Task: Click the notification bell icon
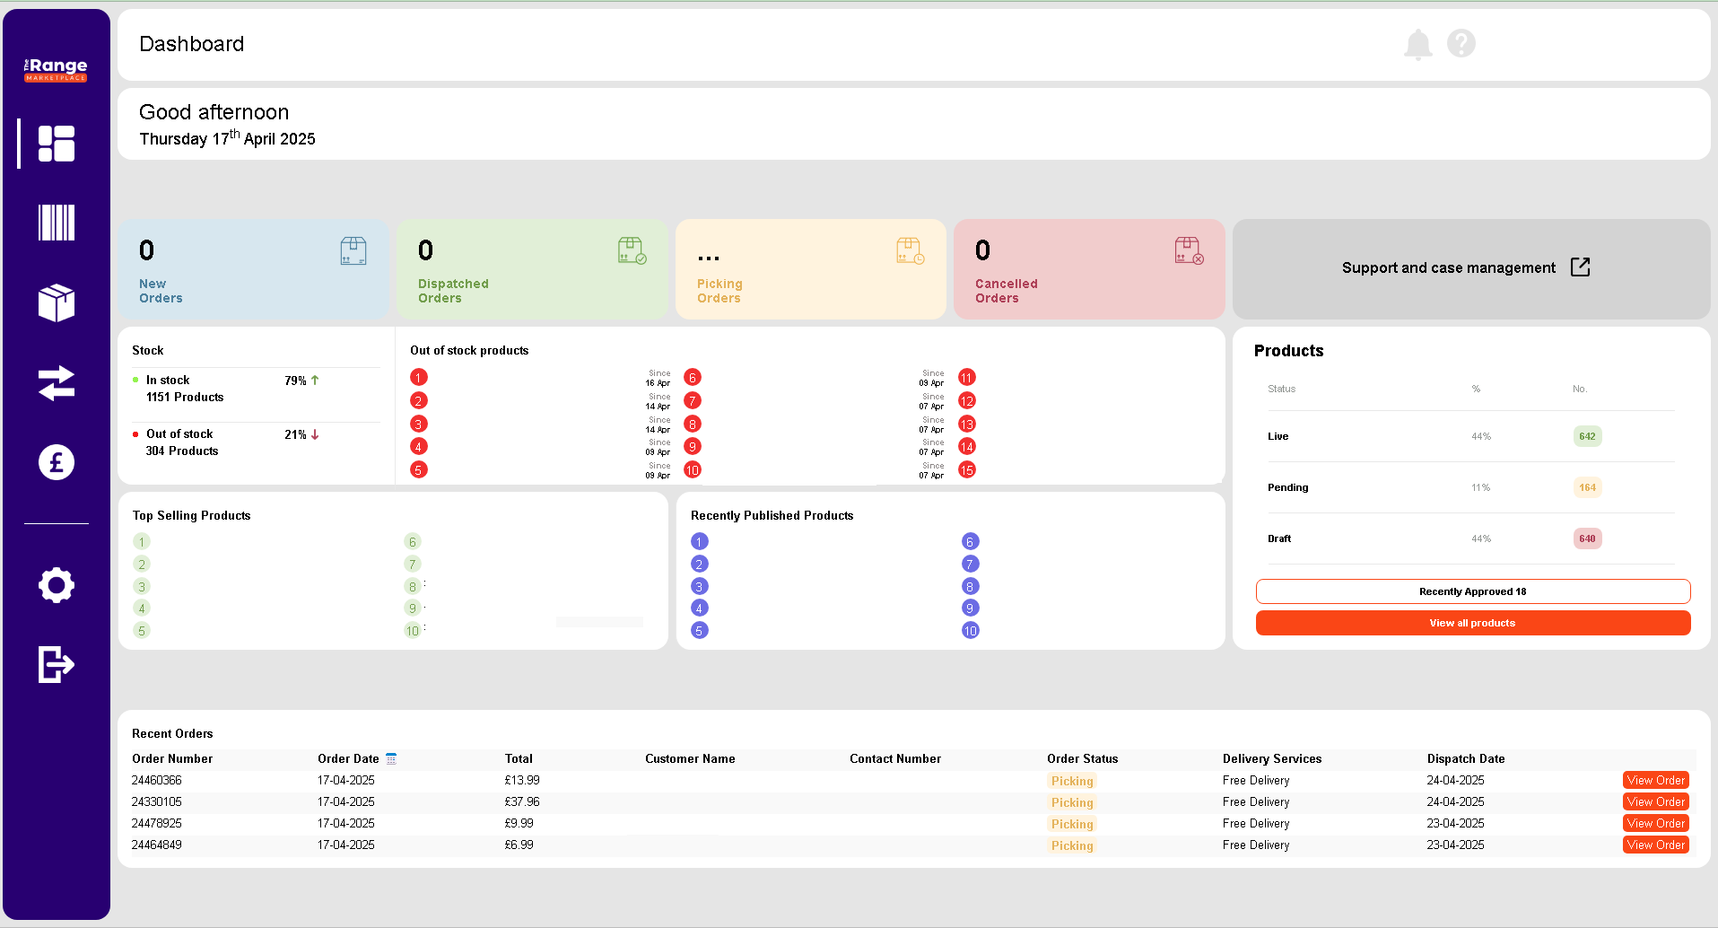(x=1417, y=44)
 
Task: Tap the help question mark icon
(x=1461, y=43)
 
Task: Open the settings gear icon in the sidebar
(x=57, y=585)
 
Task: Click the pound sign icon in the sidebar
(x=57, y=462)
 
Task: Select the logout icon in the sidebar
(x=57, y=664)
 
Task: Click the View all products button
(x=1473, y=623)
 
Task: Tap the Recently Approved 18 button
(x=1473, y=591)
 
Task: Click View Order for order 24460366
(x=1656, y=781)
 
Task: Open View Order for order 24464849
(x=1656, y=845)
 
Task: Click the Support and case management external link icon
(x=1581, y=267)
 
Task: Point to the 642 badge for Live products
(x=1588, y=437)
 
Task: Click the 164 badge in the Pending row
(x=1588, y=488)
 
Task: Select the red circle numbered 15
(x=967, y=470)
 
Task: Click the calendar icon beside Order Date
(x=391, y=759)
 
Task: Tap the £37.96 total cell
(x=522, y=802)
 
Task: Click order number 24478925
(x=157, y=824)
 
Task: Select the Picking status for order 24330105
(x=1072, y=803)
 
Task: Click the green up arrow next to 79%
(x=315, y=381)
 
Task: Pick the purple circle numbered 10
(x=971, y=631)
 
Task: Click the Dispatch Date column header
(x=1466, y=759)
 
